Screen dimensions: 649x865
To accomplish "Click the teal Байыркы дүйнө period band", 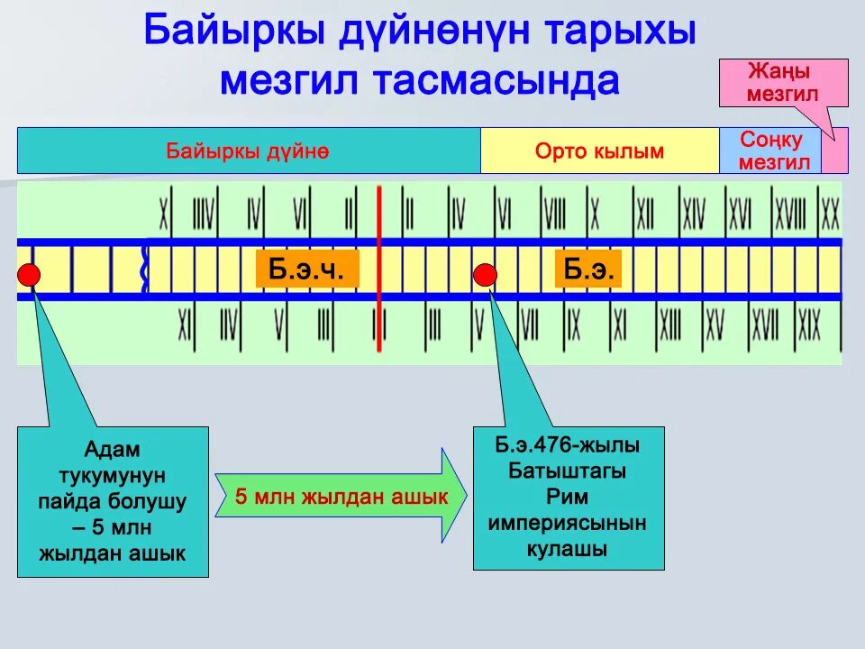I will coord(248,151).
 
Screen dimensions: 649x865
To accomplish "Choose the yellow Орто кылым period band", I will coord(599,151).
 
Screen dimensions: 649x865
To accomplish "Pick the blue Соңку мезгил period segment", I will coord(770,151).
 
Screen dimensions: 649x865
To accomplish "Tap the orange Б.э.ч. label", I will coord(307,270).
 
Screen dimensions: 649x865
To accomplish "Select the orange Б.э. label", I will coord(588,270).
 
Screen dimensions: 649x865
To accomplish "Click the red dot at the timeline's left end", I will coord(29,274).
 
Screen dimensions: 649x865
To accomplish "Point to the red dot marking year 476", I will coord(486,273).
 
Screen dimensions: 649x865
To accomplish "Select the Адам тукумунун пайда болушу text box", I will coord(113,501).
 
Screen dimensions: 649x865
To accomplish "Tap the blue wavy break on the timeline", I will coord(145,268).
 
